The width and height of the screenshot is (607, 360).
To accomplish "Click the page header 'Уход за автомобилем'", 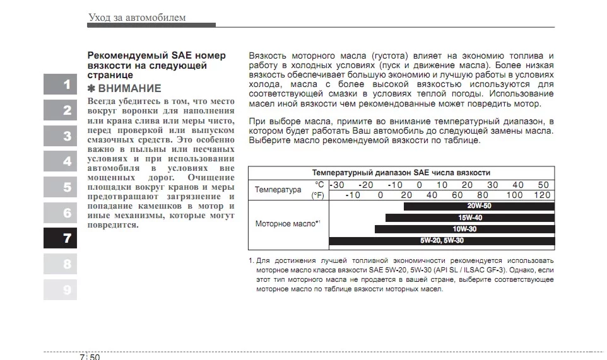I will (137, 17).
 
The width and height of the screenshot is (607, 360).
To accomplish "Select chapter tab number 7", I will (60, 238).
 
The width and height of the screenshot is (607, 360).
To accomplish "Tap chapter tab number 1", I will (60, 84).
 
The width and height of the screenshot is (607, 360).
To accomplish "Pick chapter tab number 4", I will (60, 161).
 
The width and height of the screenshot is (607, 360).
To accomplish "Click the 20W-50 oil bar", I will (479, 206).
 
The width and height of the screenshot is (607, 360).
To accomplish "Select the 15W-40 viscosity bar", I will (470, 218).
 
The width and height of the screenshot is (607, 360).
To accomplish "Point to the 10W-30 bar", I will (464, 229).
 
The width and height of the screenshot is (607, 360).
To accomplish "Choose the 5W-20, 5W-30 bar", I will (442, 240).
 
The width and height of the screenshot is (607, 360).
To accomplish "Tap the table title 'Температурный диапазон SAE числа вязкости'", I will (401, 173).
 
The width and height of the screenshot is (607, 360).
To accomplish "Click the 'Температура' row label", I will (278, 190).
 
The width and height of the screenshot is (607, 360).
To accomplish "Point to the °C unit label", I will (319, 185).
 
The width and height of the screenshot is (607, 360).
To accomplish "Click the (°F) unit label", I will (318, 195).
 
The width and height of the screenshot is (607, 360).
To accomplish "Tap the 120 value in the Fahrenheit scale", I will (542, 195).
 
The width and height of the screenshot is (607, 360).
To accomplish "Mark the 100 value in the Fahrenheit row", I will (514, 195).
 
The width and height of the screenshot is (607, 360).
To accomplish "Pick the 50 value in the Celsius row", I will (543, 185).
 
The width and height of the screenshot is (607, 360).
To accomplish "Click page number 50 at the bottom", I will (94, 356).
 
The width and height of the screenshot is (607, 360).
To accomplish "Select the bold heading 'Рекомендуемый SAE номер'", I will (156, 55).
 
